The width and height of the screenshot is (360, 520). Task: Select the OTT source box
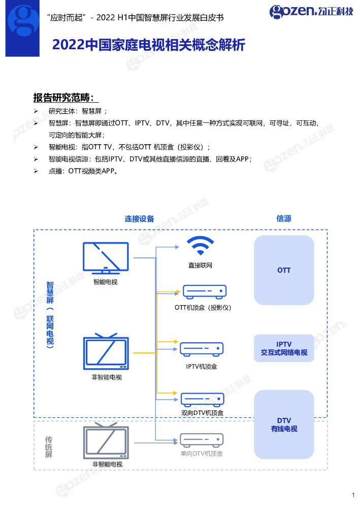(x=284, y=270)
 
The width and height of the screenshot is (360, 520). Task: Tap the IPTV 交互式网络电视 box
(x=284, y=348)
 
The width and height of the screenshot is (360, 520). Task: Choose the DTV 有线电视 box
(x=284, y=425)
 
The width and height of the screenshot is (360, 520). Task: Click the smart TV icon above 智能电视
(x=106, y=258)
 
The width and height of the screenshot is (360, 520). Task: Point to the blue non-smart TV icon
(x=106, y=352)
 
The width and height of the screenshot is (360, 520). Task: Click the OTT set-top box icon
(x=204, y=291)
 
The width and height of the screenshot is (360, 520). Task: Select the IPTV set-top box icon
(x=202, y=349)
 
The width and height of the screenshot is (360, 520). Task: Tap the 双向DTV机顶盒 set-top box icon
(x=202, y=399)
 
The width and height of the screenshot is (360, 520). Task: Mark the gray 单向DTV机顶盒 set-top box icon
(x=202, y=440)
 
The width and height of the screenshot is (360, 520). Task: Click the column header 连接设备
(x=139, y=219)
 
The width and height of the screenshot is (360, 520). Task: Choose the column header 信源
(x=284, y=218)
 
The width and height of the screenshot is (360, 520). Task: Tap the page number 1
(x=353, y=495)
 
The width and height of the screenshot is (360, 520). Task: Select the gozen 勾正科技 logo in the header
(x=311, y=11)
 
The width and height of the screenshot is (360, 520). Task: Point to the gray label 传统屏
(x=49, y=447)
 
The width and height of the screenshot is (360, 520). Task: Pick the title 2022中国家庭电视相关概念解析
(x=149, y=46)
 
